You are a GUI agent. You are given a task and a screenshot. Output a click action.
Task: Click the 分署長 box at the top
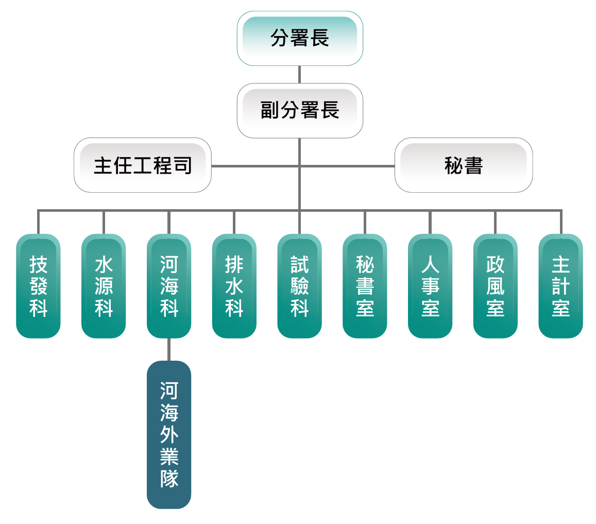pos(300,38)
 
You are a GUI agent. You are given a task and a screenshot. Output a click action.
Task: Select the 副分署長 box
pos(300,110)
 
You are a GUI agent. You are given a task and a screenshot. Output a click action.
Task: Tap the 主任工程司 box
pos(143,165)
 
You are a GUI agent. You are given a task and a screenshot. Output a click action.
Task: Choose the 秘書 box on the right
pos(463,165)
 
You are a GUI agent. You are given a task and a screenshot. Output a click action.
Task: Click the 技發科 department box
pos(38,286)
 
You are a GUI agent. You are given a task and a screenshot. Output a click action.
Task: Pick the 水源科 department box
pos(104,286)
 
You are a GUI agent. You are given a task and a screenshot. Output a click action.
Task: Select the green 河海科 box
pos(169,286)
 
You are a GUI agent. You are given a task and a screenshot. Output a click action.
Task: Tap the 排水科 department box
pos(234,286)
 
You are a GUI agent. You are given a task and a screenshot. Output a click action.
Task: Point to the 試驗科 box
pos(299,286)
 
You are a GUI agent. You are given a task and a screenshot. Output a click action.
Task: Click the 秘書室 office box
pos(365,286)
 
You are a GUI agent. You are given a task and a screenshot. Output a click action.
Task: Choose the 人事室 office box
pos(430,286)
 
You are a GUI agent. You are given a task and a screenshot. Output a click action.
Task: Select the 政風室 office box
pos(495,286)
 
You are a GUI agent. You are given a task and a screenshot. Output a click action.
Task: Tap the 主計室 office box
pos(560,286)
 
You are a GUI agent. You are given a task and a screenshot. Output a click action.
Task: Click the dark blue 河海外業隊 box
pos(169,434)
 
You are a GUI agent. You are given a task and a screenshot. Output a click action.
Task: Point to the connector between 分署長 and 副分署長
pos(299,74)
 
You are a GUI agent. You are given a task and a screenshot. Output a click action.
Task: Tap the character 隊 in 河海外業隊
pos(169,479)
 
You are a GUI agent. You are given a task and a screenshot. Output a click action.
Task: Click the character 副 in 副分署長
pos(269,110)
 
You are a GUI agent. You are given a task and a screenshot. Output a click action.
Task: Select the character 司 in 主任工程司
pos(182,165)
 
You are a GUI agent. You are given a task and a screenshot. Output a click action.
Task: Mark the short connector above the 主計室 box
pos(560,223)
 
